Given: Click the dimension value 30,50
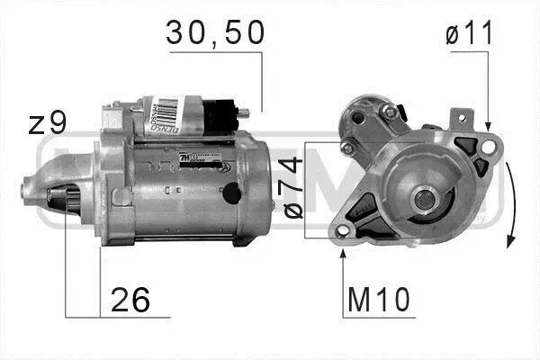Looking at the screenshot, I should [215, 33].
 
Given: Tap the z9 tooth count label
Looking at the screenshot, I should [45, 122].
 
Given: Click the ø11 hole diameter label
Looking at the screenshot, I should [467, 35].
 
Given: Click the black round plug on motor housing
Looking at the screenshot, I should [230, 192].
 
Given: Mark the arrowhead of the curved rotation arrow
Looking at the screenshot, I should [509, 241].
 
